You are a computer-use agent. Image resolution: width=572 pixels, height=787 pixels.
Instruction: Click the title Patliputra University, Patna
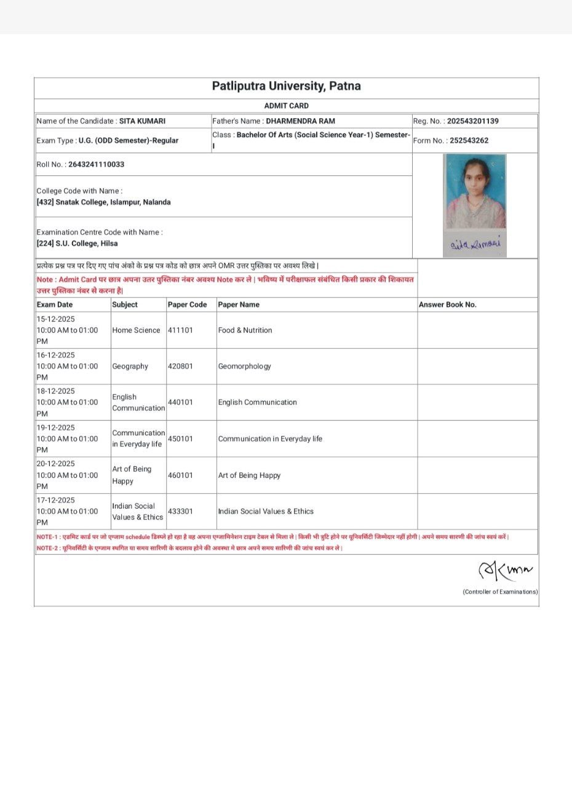(286, 86)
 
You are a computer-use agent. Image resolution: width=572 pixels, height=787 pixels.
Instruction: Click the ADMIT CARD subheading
(286, 106)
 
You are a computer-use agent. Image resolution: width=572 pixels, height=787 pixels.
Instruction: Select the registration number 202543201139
(472, 121)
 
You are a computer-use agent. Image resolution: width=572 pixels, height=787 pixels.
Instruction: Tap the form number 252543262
(469, 140)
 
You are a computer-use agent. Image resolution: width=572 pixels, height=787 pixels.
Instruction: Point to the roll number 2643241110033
(97, 165)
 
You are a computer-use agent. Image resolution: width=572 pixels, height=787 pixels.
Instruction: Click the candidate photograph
(475, 191)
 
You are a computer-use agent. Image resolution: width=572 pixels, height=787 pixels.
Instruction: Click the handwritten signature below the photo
(475, 244)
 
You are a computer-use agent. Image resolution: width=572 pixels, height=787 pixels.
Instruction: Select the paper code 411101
(180, 330)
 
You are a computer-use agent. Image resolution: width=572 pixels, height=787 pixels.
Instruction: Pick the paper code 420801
(180, 366)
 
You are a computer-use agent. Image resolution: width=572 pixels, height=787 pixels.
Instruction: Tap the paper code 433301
(180, 512)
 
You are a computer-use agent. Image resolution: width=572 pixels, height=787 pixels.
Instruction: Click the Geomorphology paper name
(244, 366)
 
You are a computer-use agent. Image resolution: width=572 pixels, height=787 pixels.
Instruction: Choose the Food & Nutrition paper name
(245, 330)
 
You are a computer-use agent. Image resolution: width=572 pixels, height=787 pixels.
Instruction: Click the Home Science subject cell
(136, 330)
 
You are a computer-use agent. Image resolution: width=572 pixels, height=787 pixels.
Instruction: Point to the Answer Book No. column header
(447, 304)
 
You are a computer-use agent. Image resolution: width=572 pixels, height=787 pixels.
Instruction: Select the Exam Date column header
(55, 304)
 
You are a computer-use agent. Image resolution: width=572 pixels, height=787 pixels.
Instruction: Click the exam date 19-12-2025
(56, 428)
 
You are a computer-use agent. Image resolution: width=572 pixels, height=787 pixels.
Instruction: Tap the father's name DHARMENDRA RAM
(301, 121)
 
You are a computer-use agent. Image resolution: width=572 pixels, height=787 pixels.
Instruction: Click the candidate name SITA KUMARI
(142, 121)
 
